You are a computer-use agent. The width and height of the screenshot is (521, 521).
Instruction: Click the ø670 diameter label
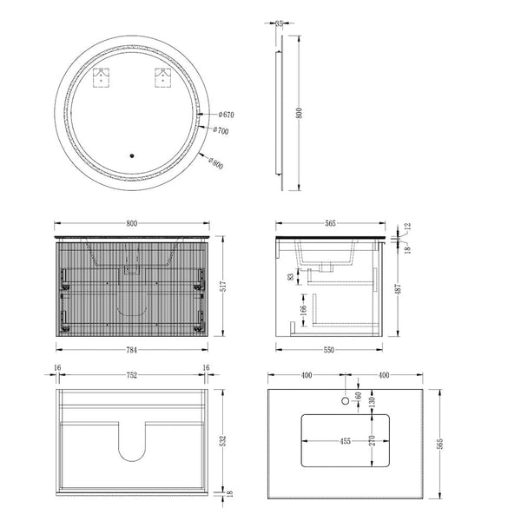pos(227,115)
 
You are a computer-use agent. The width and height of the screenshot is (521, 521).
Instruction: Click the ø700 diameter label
pos(221,130)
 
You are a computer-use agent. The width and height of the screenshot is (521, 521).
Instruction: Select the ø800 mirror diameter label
pos(216,162)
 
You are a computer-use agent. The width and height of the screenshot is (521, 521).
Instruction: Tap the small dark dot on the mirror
pos(132,155)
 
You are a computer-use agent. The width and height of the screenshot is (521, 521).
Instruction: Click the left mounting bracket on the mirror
pos(101,78)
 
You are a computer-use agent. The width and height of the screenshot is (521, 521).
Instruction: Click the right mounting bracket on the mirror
pos(163,78)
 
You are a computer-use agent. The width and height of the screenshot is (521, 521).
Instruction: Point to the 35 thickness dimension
pos(279,23)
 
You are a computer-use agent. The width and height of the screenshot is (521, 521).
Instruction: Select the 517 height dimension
pos(223,286)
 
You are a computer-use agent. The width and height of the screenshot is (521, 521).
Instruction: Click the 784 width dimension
pos(132,350)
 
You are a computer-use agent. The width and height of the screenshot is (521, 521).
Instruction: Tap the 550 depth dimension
pos(328,350)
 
